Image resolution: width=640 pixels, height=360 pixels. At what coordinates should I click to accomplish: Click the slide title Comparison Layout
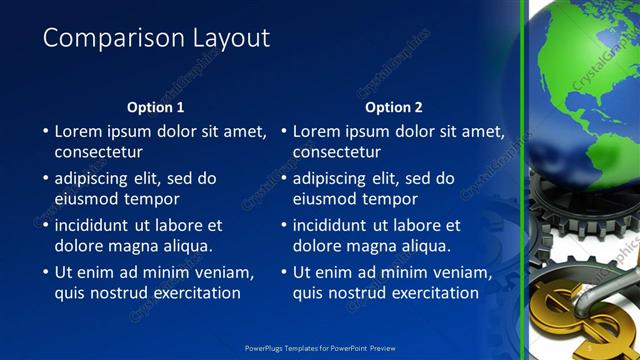pyautogui.click(x=156, y=38)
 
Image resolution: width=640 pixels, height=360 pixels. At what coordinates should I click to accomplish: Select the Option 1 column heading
pyautogui.click(x=155, y=107)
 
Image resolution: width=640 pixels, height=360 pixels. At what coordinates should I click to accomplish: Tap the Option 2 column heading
pyautogui.click(x=393, y=107)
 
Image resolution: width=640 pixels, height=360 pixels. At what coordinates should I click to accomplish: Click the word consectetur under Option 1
pyautogui.click(x=98, y=152)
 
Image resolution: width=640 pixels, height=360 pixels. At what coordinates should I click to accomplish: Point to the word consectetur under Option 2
pyautogui.click(x=337, y=152)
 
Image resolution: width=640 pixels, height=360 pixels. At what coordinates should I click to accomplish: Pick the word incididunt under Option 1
pyautogui.click(x=96, y=225)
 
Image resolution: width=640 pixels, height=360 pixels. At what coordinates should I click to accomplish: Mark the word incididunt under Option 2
pyautogui.click(x=335, y=225)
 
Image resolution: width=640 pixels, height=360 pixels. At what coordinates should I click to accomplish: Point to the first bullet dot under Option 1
pyautogui.click(x=45, y=131)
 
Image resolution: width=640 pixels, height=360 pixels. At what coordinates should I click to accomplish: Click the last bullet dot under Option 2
pyautogui.click(x=284, y=272)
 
